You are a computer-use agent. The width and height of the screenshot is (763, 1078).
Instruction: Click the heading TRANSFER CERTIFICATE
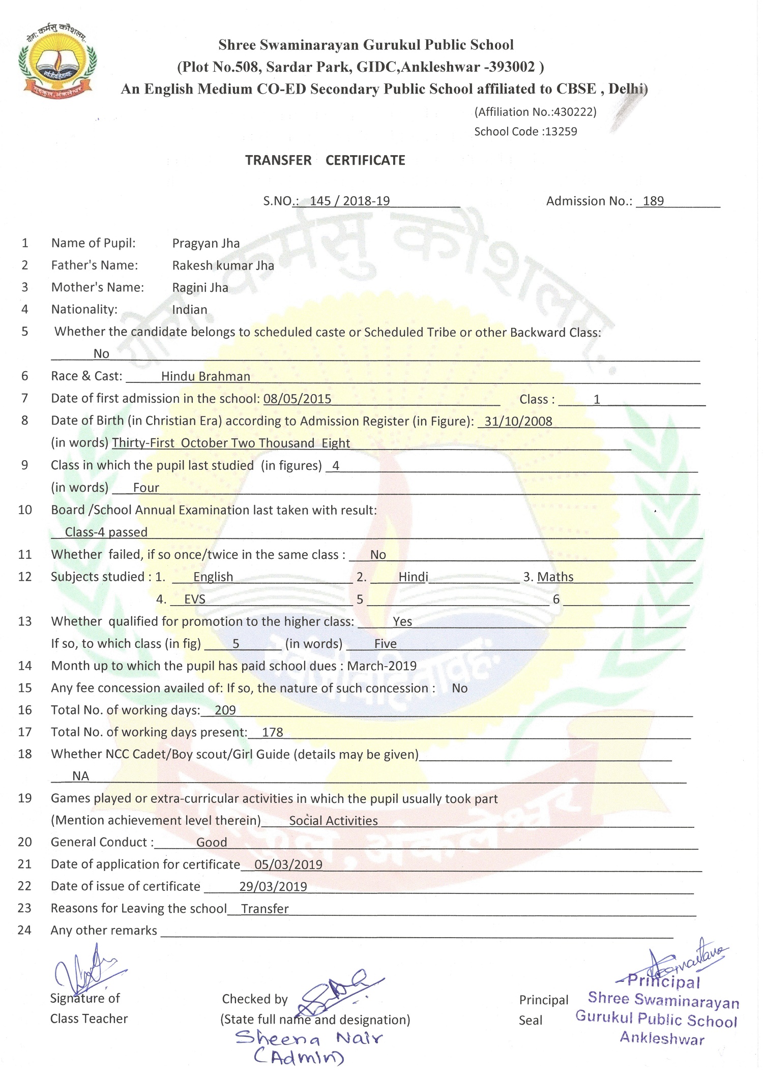(325, 160)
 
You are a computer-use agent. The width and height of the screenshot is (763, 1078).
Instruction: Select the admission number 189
(653, 201)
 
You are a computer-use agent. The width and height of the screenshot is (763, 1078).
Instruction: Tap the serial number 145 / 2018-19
(349, 201)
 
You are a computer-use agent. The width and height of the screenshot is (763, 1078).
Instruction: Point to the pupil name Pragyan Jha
(206, 243)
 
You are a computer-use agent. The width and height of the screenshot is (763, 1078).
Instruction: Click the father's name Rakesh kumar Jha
(223, 265)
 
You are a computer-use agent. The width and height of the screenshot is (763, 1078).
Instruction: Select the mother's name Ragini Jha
(200, 288)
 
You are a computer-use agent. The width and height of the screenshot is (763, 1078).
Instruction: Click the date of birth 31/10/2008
(518, 421)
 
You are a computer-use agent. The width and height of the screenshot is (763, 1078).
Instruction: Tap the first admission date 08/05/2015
(297, 399)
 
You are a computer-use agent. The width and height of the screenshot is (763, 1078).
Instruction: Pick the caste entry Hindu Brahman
(206, 376)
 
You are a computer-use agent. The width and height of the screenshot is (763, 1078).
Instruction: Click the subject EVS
(194, 599)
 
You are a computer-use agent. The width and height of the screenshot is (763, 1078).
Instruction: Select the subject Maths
(555, 577)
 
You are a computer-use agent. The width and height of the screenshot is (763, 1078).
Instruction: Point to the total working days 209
(225, 710)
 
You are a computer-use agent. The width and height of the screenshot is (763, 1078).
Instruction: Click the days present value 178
(272, 732)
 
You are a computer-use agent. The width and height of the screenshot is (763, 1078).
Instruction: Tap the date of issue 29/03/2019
(273, 886)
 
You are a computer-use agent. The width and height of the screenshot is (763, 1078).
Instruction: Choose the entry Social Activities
(333, 821)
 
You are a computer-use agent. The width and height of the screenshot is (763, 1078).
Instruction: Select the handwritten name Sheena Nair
(308, 1038)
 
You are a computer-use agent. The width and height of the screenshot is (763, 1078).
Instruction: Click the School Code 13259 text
(525, 131)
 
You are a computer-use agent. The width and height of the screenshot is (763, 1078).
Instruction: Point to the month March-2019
(382, 666)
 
